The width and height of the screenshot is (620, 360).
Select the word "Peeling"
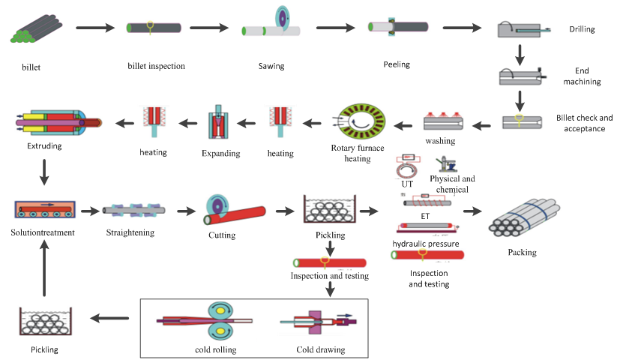[397, 64]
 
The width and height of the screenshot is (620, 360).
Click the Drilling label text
[581, 30]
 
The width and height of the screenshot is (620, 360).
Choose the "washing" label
[440, 141]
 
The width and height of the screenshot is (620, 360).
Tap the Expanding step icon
[221, 124]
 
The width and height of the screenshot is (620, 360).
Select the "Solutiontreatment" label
[43, 232]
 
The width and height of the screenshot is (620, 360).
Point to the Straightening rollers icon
[133, 211]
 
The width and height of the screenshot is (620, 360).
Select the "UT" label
[408, 183]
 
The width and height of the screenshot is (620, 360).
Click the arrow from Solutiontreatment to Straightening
[89, 211]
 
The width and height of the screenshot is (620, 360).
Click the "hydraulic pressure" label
[426, 244]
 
